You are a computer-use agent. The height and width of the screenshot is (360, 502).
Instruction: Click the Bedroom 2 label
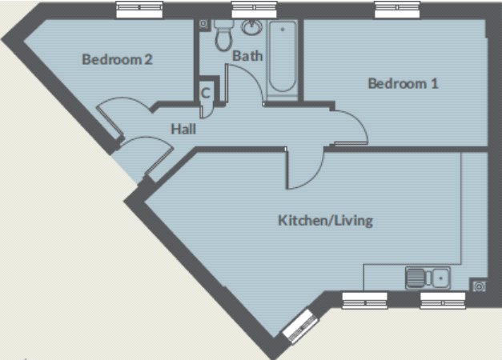pos(117,59)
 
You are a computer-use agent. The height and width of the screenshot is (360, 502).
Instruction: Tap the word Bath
pos(247,55)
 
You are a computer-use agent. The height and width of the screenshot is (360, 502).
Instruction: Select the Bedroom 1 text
pos(403,83)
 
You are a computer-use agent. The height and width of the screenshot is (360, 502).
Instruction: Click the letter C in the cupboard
pos(206,92)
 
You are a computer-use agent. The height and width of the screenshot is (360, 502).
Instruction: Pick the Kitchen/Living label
pos(325,220)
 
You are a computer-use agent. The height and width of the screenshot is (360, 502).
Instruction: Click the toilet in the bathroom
pos(223,37)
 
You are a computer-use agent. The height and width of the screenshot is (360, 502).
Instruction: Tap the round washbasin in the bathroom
pos(252,29)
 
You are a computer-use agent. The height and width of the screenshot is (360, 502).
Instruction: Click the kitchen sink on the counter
pos(428,278)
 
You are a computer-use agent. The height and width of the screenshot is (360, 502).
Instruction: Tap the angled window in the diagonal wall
pos(298,326)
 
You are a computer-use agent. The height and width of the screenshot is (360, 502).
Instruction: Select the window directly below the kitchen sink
pos(441,300)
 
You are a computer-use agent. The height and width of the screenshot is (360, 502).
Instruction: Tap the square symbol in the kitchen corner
pos(479,285)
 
